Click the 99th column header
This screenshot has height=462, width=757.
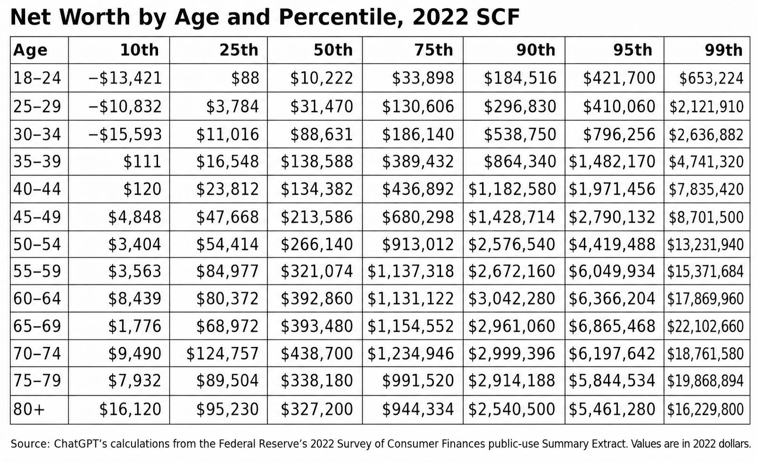[x=724, y=50]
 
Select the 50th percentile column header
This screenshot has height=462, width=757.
[x=333, y=50]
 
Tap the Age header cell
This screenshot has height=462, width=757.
[x=30, y=50]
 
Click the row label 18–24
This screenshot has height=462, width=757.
[x=37, y=78]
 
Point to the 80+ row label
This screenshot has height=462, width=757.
[x=29, y=409]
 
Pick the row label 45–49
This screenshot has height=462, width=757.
[x=37, y=217]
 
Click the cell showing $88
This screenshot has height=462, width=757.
[x=245, y=78]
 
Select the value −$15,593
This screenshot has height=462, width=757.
[x=125, y=134]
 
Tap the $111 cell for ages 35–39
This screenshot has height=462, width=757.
[x=142, y=161]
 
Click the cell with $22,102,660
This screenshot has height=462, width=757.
[x=705, y=326]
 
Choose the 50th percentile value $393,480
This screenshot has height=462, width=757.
[x=316, y=326]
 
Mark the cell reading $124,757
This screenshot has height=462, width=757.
[x=222, y=354]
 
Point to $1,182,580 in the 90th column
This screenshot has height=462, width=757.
[x=512, y=189]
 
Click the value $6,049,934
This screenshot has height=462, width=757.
[x=612, y=272]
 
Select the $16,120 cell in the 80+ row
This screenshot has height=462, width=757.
[x=130, y=409]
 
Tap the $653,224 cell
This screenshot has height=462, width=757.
[x=711, y=78]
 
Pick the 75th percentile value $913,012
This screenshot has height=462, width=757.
[x=418, y=244]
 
